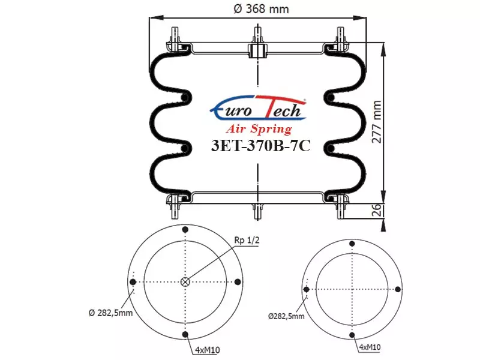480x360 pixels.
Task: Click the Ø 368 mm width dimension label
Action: (261, 9)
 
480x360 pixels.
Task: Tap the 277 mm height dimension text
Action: (377, 122)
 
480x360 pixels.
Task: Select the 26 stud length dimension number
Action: (377, 210)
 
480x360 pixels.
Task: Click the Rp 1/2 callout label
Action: (247, 241)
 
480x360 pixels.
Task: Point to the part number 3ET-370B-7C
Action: (261, 146)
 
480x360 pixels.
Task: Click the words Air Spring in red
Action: (259, 129)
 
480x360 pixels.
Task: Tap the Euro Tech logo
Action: (258, 107)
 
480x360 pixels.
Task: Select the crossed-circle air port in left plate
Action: (185, 282)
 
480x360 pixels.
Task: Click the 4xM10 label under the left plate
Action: (208, 350)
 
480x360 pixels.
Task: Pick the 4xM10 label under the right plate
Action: (370, 347)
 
